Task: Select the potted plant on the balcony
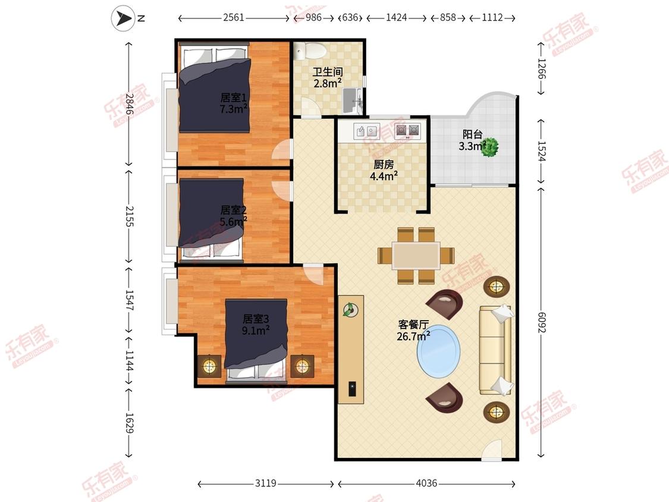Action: (x=489, y=147)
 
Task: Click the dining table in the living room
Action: (x=416, y=256)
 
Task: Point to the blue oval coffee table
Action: (x=439, y=351)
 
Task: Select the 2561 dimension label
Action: (x=234, y=17)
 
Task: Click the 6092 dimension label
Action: (x=541, y=322)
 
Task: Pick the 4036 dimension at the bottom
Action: (x=426, y=483)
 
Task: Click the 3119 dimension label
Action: (x=266, y=483)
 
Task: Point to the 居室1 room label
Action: (x=233, y=98)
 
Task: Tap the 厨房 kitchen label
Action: (x=384, y=164)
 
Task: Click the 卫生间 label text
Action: (x=328, y=72)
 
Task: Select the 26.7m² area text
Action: (x=413, y=337)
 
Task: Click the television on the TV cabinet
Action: (x=353, y=388)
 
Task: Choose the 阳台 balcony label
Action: (x=473, y=135)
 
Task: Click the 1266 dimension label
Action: (x=541, y=68)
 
